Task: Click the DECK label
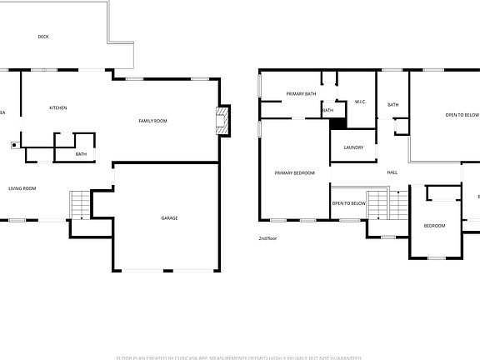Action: (42, 37)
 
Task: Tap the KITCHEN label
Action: (58, 107)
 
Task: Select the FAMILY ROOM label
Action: (152, 122)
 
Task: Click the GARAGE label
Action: (169, 218)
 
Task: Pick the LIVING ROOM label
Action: (22, 188)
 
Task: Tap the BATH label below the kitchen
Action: (81, 154)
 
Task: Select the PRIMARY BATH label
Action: (301, 94)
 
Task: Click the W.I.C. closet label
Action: (361, 102)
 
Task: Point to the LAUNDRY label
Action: (352, 147)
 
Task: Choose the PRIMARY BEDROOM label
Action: (295, 172)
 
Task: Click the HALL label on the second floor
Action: (392, 172)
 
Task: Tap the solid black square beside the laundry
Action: (337, 123)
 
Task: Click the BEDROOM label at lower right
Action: (434, 226)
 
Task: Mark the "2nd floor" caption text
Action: (267, 238)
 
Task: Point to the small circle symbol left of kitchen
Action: (14, 143)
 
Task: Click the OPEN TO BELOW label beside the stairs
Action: (348, 203)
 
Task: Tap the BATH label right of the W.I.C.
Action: (393, 104)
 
